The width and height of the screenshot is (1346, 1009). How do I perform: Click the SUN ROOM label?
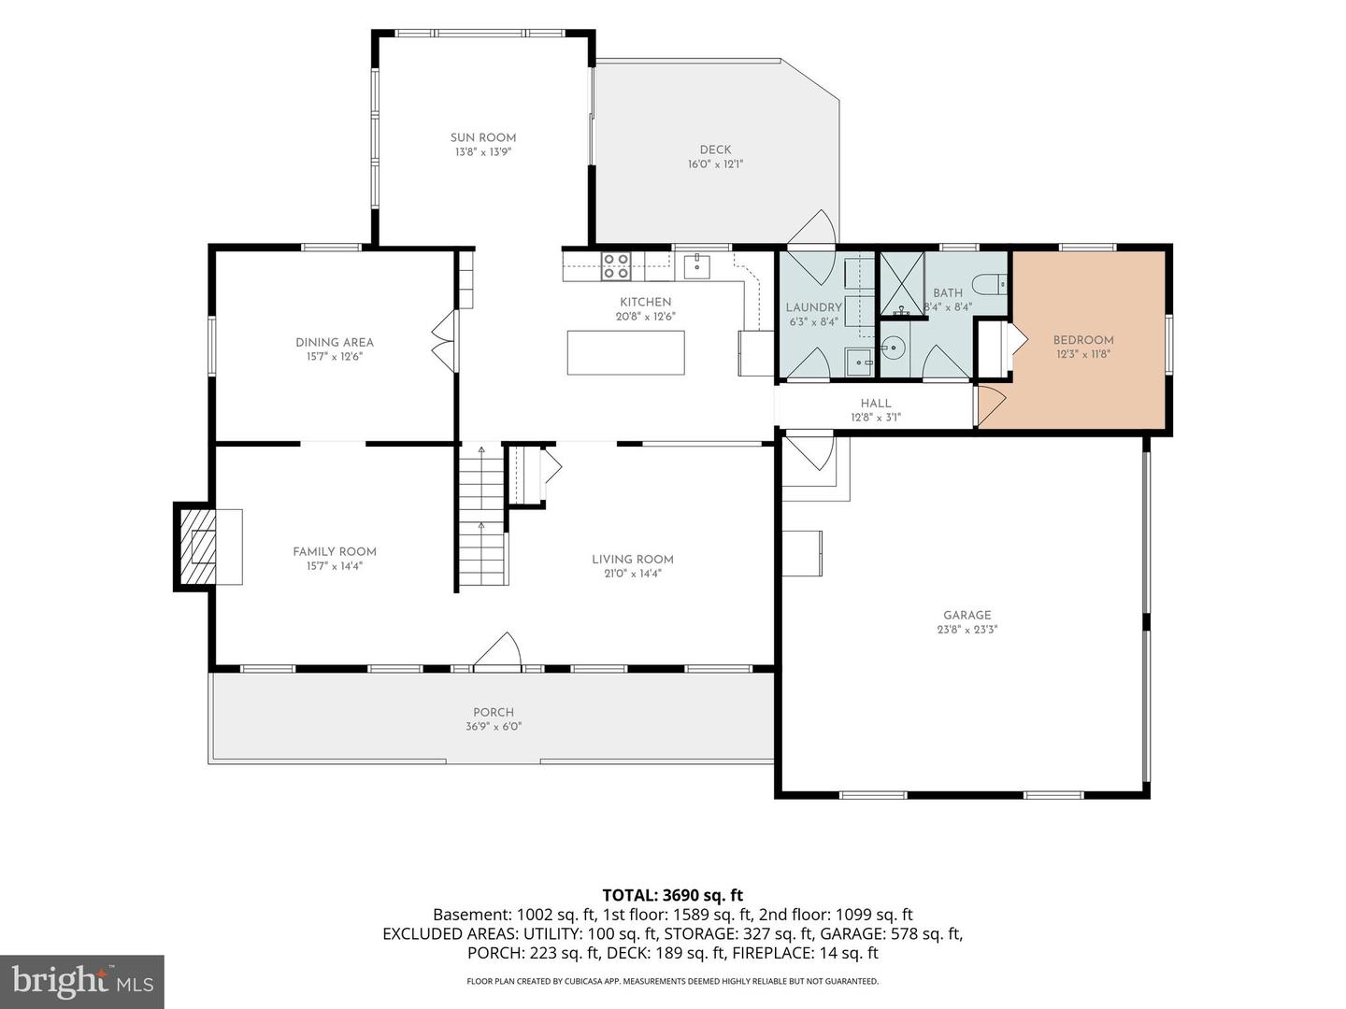[482, 138]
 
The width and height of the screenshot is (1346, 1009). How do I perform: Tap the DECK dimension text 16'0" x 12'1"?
[715, 164]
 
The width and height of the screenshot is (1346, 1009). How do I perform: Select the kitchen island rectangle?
[625, 352]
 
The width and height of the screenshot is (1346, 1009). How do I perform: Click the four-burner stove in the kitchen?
[616, 266]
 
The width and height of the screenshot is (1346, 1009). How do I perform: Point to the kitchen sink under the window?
[696, 266]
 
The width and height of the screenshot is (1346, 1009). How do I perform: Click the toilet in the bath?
[990, 284]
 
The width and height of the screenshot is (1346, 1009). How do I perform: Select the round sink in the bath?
[893, 348]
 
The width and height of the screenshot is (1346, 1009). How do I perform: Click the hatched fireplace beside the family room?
[195, 547]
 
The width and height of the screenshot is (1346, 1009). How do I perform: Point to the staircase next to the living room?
[482, 514]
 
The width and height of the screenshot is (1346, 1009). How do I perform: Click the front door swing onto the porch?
[497, 650]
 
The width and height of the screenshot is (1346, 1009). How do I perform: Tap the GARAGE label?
[967, 615]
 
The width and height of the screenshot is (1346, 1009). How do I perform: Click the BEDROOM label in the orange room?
[1083, 340]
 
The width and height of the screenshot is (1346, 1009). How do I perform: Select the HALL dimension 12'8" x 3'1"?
[875, 418]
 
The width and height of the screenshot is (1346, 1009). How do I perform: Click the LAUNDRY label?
[813, 307]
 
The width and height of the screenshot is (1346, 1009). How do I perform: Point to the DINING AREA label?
[335, 343]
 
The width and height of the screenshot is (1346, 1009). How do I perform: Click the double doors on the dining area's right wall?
[446, 341]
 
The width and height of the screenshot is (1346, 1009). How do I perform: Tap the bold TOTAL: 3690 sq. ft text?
[673, 896]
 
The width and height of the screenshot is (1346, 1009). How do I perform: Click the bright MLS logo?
[82, 981]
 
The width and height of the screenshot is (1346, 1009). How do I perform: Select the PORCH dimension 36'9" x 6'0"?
[493, 727]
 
